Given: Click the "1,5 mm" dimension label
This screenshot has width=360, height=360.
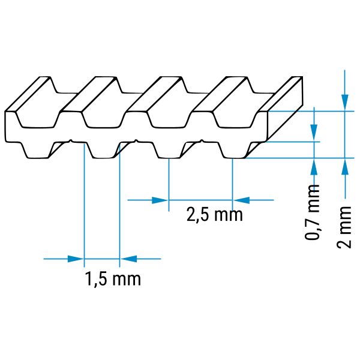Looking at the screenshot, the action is point(113,279).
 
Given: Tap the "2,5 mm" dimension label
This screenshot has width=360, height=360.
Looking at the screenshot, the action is point(214,215).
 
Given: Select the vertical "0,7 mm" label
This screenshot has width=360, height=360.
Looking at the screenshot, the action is point(312,212).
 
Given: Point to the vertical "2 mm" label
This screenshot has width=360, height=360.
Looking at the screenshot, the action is point(344,227).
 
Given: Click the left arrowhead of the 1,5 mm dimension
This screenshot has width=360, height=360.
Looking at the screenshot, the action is point(76,259).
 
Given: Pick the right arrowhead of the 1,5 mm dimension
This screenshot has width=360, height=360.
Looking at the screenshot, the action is point(128,259).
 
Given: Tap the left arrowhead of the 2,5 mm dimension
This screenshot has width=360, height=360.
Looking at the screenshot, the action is point(160,200).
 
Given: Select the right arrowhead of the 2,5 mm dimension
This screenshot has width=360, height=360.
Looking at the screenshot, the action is point(241,200).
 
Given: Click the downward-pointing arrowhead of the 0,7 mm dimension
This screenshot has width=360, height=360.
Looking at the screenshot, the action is point(314,133).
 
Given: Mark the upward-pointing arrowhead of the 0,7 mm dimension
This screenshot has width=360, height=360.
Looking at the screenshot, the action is point(314,167).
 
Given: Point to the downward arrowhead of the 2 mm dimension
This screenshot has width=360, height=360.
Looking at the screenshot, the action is point(344,103).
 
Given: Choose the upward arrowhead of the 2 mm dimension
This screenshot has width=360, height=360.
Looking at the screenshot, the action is point(344,167).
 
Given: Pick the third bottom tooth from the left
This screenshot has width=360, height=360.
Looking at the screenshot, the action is point(169,150).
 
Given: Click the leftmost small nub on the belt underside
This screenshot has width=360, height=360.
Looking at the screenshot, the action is point(71,140).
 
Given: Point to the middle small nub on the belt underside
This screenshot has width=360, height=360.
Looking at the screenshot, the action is point(136,140).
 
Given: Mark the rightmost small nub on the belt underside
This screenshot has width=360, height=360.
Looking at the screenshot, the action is point(202,140).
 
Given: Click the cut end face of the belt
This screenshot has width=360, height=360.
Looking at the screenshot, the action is point(285,109).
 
